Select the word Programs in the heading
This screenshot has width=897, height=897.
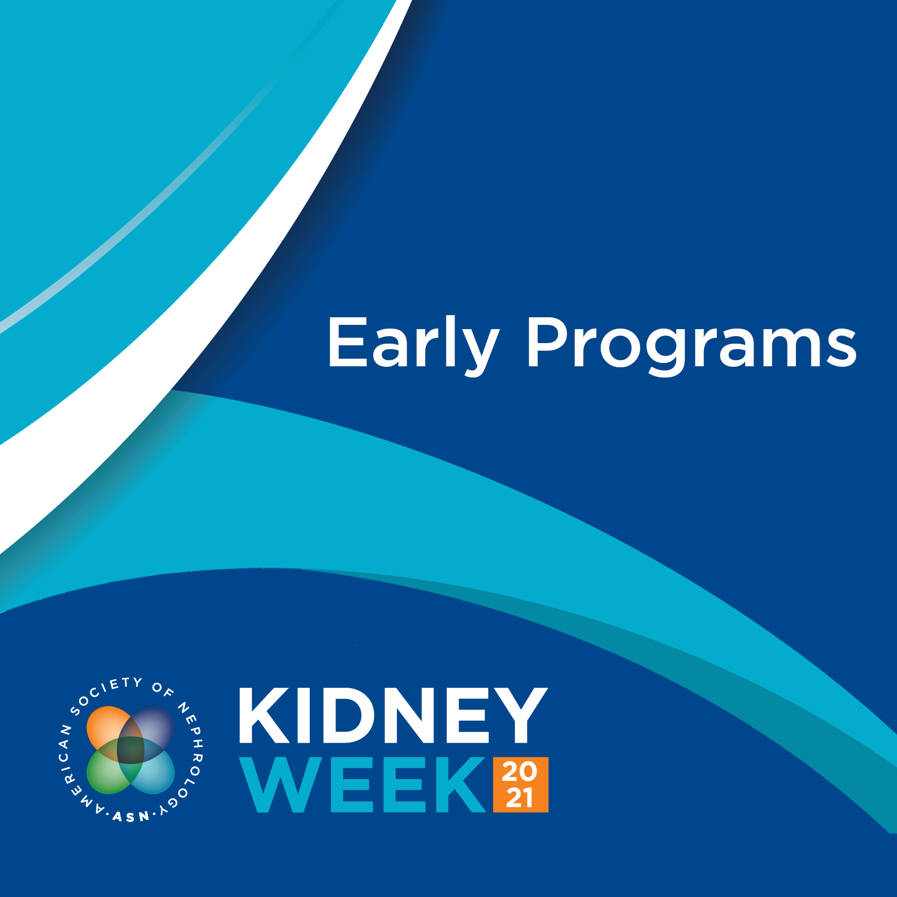(x=692, y=345)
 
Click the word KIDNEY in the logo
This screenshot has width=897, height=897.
(x=393, y=715)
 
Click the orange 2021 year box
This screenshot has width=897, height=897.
(x=521, y=785)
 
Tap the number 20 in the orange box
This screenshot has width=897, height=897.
(x=520, y=772)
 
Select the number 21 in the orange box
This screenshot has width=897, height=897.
(x=520, y=798)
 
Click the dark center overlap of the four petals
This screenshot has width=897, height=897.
(x=131, y=750)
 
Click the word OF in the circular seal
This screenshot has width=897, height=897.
(x=163, y=690)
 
